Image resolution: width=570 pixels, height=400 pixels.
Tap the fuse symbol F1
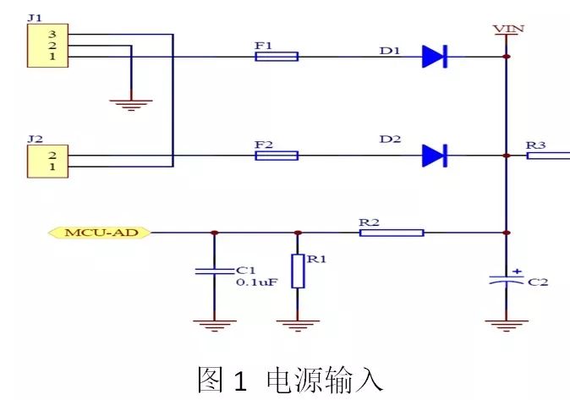point(276,57)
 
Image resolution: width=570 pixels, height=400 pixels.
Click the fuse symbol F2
point(276,156)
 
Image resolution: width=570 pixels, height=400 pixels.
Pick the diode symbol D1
point(434,57)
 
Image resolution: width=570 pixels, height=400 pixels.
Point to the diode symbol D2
point(434,156)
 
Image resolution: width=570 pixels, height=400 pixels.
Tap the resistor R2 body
point(391,232)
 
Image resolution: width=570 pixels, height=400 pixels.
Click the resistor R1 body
point(298,271)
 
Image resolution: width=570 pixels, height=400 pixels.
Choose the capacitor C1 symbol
point(213,271)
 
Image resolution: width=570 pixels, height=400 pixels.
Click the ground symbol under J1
point(131,103)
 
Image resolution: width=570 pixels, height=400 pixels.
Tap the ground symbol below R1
point(298,324)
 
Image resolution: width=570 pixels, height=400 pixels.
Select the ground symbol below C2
point(506,324)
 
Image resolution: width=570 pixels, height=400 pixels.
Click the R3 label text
point(536,145)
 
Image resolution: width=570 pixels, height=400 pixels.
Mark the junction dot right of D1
point(506,57)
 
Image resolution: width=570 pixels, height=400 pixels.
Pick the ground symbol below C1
point(213,324)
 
